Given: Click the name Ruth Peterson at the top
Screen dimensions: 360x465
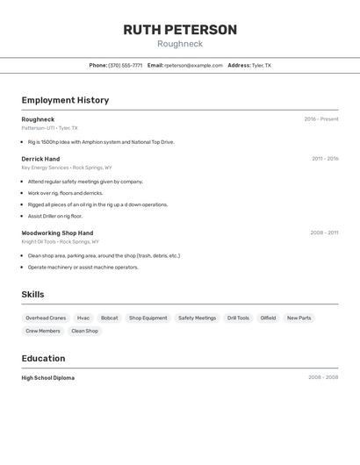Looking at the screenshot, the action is click(180, 30).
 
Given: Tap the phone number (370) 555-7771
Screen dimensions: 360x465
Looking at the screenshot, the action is click(125, 65).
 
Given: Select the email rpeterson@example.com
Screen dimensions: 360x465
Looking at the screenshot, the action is click(193, 65).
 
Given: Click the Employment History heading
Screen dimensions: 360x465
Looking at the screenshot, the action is click(65, 100).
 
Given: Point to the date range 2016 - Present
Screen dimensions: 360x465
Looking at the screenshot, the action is click(321, 119).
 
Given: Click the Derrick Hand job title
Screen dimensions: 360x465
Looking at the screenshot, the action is click(40, 159).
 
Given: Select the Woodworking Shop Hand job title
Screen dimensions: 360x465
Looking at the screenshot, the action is click(57, 232).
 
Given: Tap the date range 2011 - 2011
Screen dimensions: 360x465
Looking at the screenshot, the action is click(324, 159).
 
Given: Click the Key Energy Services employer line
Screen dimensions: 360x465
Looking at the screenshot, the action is click(67, 168).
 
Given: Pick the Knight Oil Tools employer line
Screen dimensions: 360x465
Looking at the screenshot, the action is click(60, 241).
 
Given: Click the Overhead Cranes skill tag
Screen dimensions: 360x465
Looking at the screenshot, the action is click(46, 318).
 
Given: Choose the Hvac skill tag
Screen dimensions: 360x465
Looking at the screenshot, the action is click(83, 318).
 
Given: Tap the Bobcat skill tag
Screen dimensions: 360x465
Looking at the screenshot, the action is click(110, 318).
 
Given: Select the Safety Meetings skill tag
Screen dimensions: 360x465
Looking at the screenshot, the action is click(197, 318).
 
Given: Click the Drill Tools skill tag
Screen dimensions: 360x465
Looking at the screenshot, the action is click(238, 318).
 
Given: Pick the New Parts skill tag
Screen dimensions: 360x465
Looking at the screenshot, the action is click(299, 318).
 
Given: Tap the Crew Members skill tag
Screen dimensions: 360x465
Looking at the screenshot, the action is click(43, 331).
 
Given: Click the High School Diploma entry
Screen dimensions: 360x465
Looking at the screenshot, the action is click(48, 378).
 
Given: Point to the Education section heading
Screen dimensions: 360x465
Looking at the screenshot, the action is click(43, 358).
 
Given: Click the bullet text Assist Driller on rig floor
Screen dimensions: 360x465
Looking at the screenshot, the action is click(54, 216).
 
